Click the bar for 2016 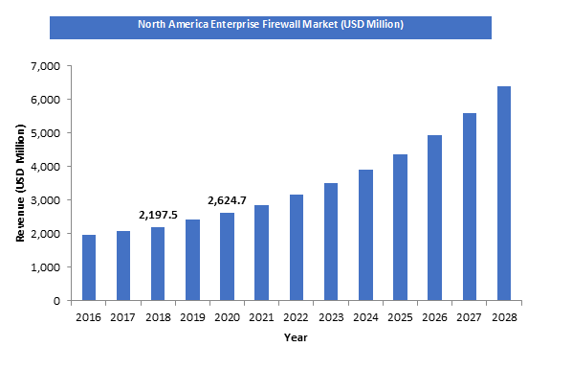click(89, 267)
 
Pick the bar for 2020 click(227, 256)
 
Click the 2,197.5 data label click(158, 216)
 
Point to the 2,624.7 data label click(228, 201)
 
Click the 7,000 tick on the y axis click(45, 66)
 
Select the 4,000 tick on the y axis click(45, 167)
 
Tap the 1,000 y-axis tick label click(45, 267)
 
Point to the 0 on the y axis click(56, 301)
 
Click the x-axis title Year click(296, 337)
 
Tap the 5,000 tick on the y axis click(45, 133)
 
